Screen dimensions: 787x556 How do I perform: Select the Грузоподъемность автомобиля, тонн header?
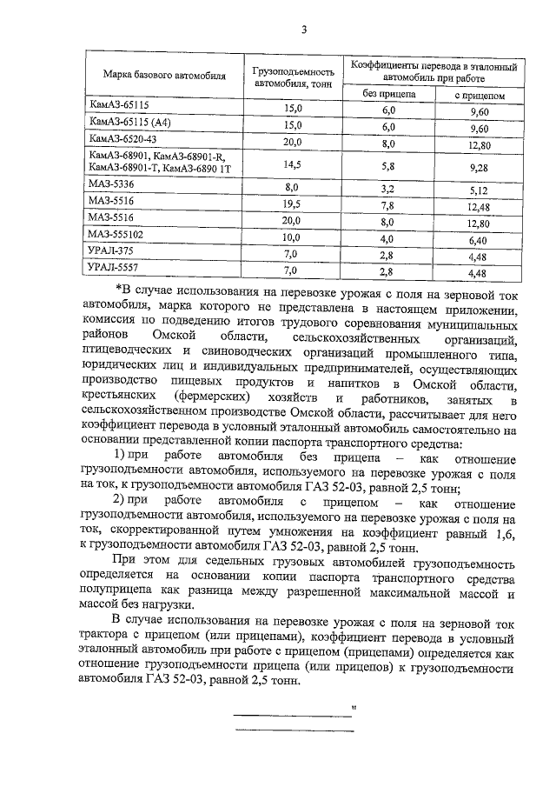point(293,77)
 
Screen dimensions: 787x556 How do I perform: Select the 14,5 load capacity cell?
point(292,163)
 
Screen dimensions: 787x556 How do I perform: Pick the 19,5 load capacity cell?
point(292,203)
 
